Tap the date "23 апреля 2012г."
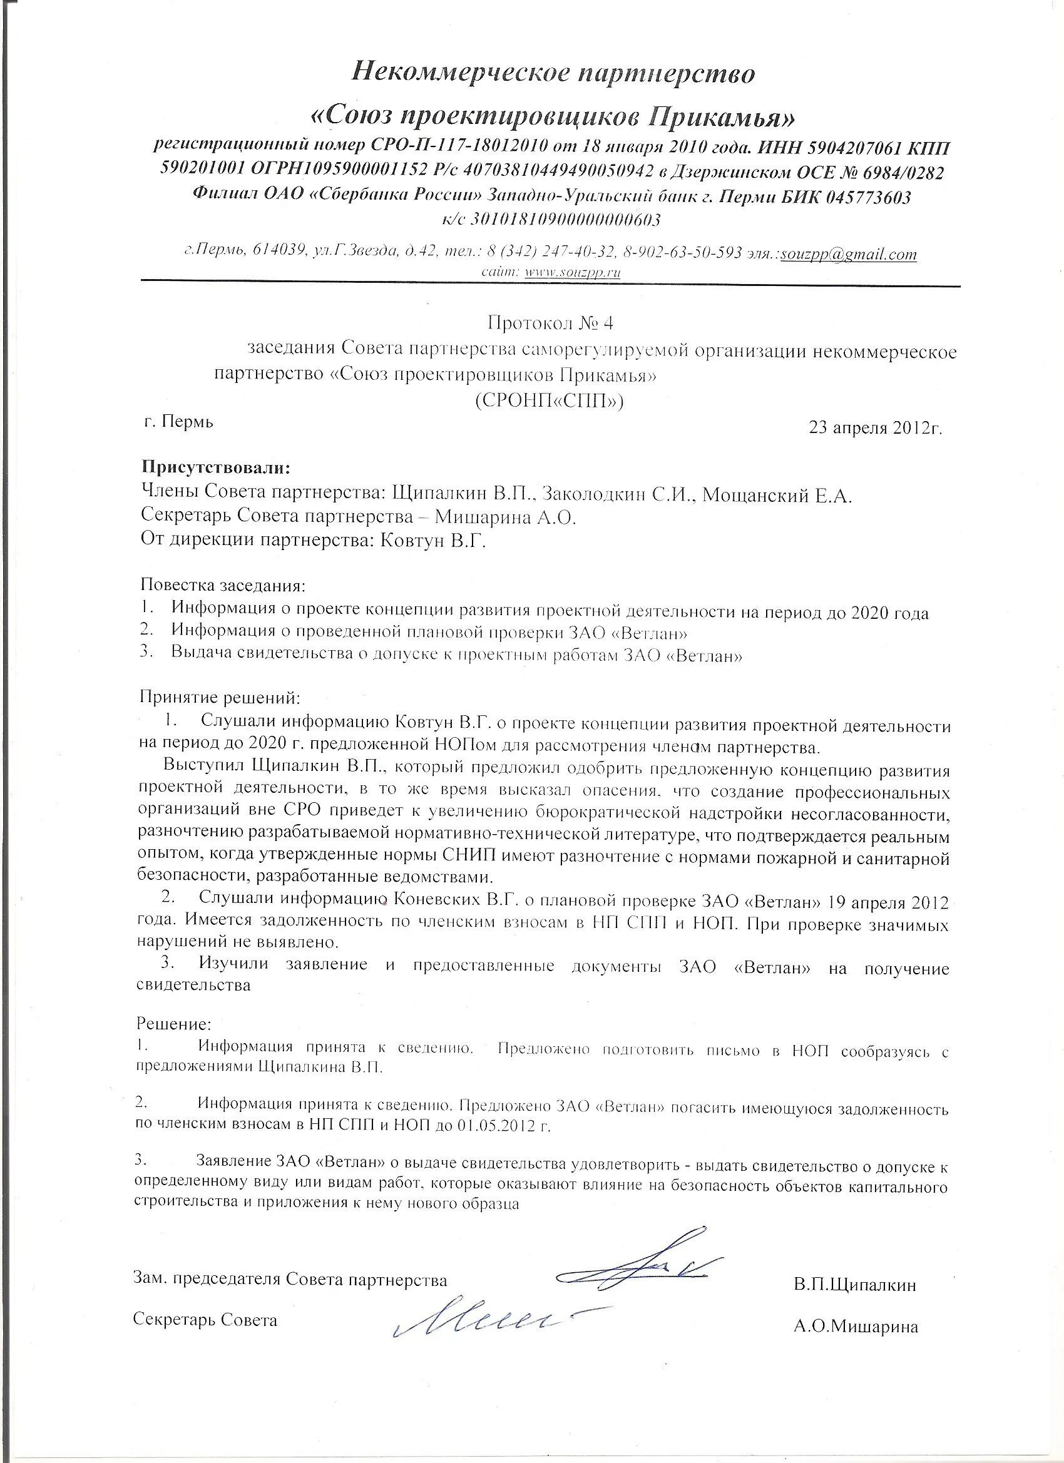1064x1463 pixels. coord(876,428)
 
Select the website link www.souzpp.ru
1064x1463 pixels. coord(573,273)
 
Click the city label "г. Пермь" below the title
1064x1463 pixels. coord(178,422)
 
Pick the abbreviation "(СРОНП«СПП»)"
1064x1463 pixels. coord(549,401)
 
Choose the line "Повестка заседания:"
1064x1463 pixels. coord(222,586)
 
